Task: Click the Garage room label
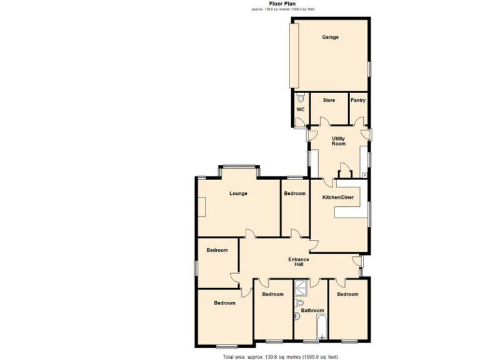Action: [x=330, y=37]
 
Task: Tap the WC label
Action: [x=300, y=110]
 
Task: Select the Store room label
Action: [x=329, y=100]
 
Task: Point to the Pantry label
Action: [x=357, y=100]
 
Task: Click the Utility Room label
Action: [x=338, y=141]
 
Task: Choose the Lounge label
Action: [x=238, y=194]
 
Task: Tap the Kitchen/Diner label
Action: [x=337, y=197]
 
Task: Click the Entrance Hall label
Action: [x=299, y=262]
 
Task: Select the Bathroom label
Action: [x=312, y=311]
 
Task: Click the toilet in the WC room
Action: [x=300, y=98]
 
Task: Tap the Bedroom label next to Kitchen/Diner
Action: [x=294, y=194]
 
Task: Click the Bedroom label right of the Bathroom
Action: [x=347, y=294]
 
